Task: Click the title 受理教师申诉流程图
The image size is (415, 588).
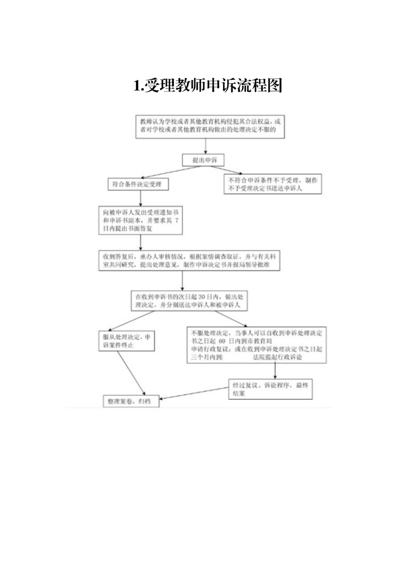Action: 208,85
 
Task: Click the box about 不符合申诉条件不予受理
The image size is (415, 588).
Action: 272,184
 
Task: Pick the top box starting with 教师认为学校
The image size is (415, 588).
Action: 210,125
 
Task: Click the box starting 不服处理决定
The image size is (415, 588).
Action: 257,345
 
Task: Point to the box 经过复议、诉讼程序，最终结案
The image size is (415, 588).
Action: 271,389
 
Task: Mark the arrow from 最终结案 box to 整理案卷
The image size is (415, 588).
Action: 194,393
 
